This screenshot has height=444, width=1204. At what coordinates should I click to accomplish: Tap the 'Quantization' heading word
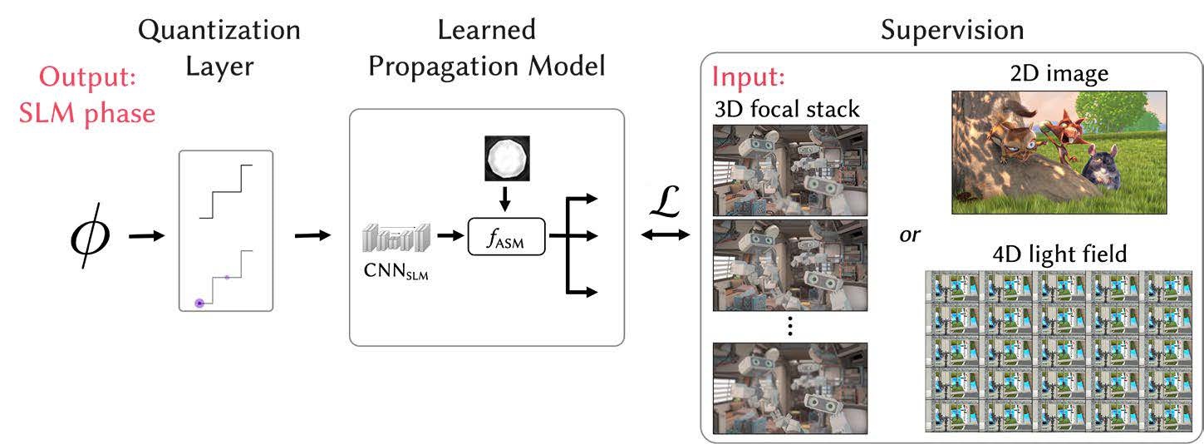pyautogui.click(x=219, y=31)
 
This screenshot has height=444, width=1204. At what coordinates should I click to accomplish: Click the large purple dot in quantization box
pyautogui.click(x=199, y=303)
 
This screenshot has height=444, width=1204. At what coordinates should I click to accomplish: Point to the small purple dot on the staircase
pyautogui.click(x=227, y=277)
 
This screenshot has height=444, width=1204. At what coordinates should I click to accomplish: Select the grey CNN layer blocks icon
pyautogui.click(x=397, y=238)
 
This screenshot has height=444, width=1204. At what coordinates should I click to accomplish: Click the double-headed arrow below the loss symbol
pyautogui.click(x=666, y=235)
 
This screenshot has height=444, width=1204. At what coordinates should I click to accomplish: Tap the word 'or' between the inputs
pyautogui.click(x=910, y=234)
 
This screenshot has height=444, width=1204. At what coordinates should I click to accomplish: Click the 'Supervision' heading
pyautogui.click(x=951, y=31)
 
